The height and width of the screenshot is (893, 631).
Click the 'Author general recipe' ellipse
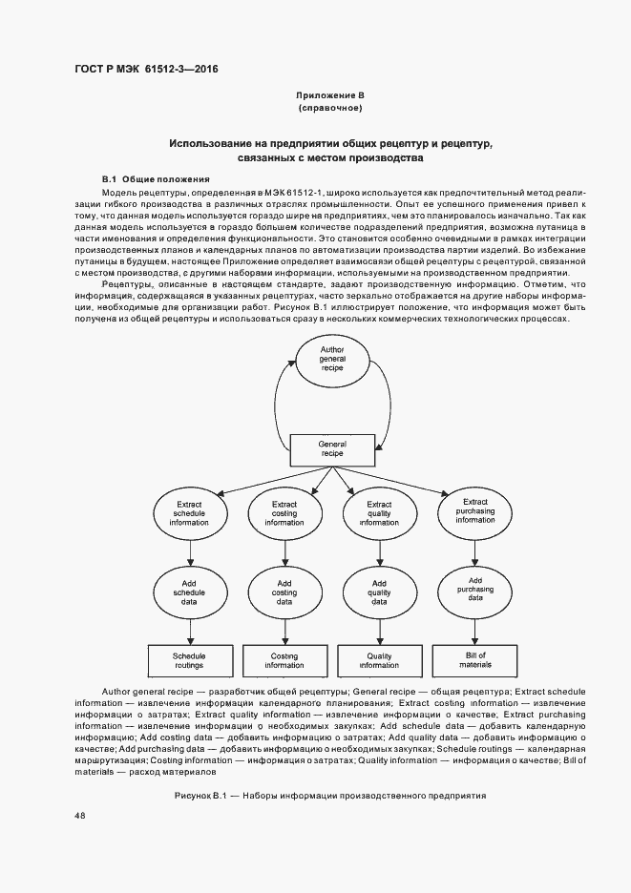pyautogui.click(x=331, y=361)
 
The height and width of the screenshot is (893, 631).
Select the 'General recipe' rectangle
pyautogui.click(x=332, y=448)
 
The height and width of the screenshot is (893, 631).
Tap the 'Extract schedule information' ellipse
pyautogui.click(x=189, y=512)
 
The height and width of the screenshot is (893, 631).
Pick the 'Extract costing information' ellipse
pyautogui.click(x=284, y=512)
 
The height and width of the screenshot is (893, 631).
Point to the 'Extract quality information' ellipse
pyautogui.click(x=379, y=512)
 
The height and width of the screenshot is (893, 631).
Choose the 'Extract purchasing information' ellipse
pyautogui.click(x=474, y=510)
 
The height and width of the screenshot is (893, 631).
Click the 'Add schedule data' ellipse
pyautogui.click(x=189, y=592)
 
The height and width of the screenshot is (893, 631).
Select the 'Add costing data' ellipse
pyautogui.click(x=284, y=592)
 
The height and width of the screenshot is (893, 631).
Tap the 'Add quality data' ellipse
pyautogui.click(x=379, y=592)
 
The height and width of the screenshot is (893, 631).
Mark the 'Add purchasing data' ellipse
pyautogui.click(x=474, y=590)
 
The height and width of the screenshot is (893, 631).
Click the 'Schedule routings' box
pyautogui.click(x=189, y=660)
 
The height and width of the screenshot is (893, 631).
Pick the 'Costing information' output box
pyautogui.click(x=284, y=660)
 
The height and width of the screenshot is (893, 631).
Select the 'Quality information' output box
pyautogui.click(x=379, y=660)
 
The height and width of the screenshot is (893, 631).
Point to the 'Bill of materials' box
pyautogui.click(x=474, y=658)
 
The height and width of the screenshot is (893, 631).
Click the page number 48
pyautogui.click(x=79, y=815)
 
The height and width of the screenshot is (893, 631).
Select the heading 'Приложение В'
pyautogui.click(x=330, y=95)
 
